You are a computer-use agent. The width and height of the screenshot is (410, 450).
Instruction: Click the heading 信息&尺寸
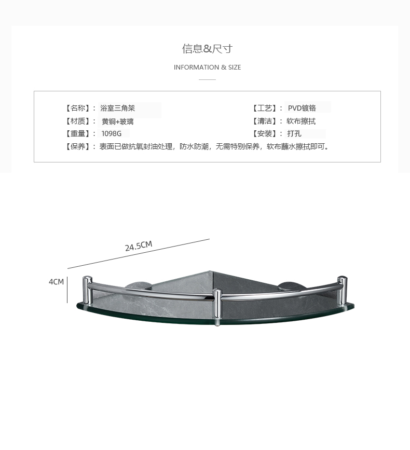[x=207, y=49]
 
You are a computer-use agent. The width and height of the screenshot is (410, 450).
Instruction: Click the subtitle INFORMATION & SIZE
[x=207, y=67]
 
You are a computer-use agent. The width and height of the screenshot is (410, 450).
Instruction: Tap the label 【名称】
[x=78, y=108]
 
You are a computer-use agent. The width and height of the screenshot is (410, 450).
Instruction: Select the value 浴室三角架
[x=118, y=108]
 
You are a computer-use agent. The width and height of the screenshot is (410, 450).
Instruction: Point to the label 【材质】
[x=78, y=121]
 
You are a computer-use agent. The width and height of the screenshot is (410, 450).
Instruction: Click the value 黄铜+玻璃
[x=118, y=121]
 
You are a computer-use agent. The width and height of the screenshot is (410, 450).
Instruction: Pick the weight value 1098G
[x=112, y=134]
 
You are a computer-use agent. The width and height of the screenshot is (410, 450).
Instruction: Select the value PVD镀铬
[x=302, y=108]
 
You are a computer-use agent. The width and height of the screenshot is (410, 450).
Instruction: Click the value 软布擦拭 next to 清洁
[x=301, y=121]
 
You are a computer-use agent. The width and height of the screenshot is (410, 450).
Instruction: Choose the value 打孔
[x=294, y=134]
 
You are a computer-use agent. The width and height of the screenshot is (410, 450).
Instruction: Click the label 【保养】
[x=78, y=147]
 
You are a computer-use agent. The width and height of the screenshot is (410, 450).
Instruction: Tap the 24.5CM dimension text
[x=139, y=246]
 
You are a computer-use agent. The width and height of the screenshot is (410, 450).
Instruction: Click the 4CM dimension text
[x=56, y=282]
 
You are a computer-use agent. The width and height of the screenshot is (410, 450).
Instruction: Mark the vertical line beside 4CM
[x=67, y=290]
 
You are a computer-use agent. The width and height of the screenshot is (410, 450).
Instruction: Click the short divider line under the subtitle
[x=207, y=79]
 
